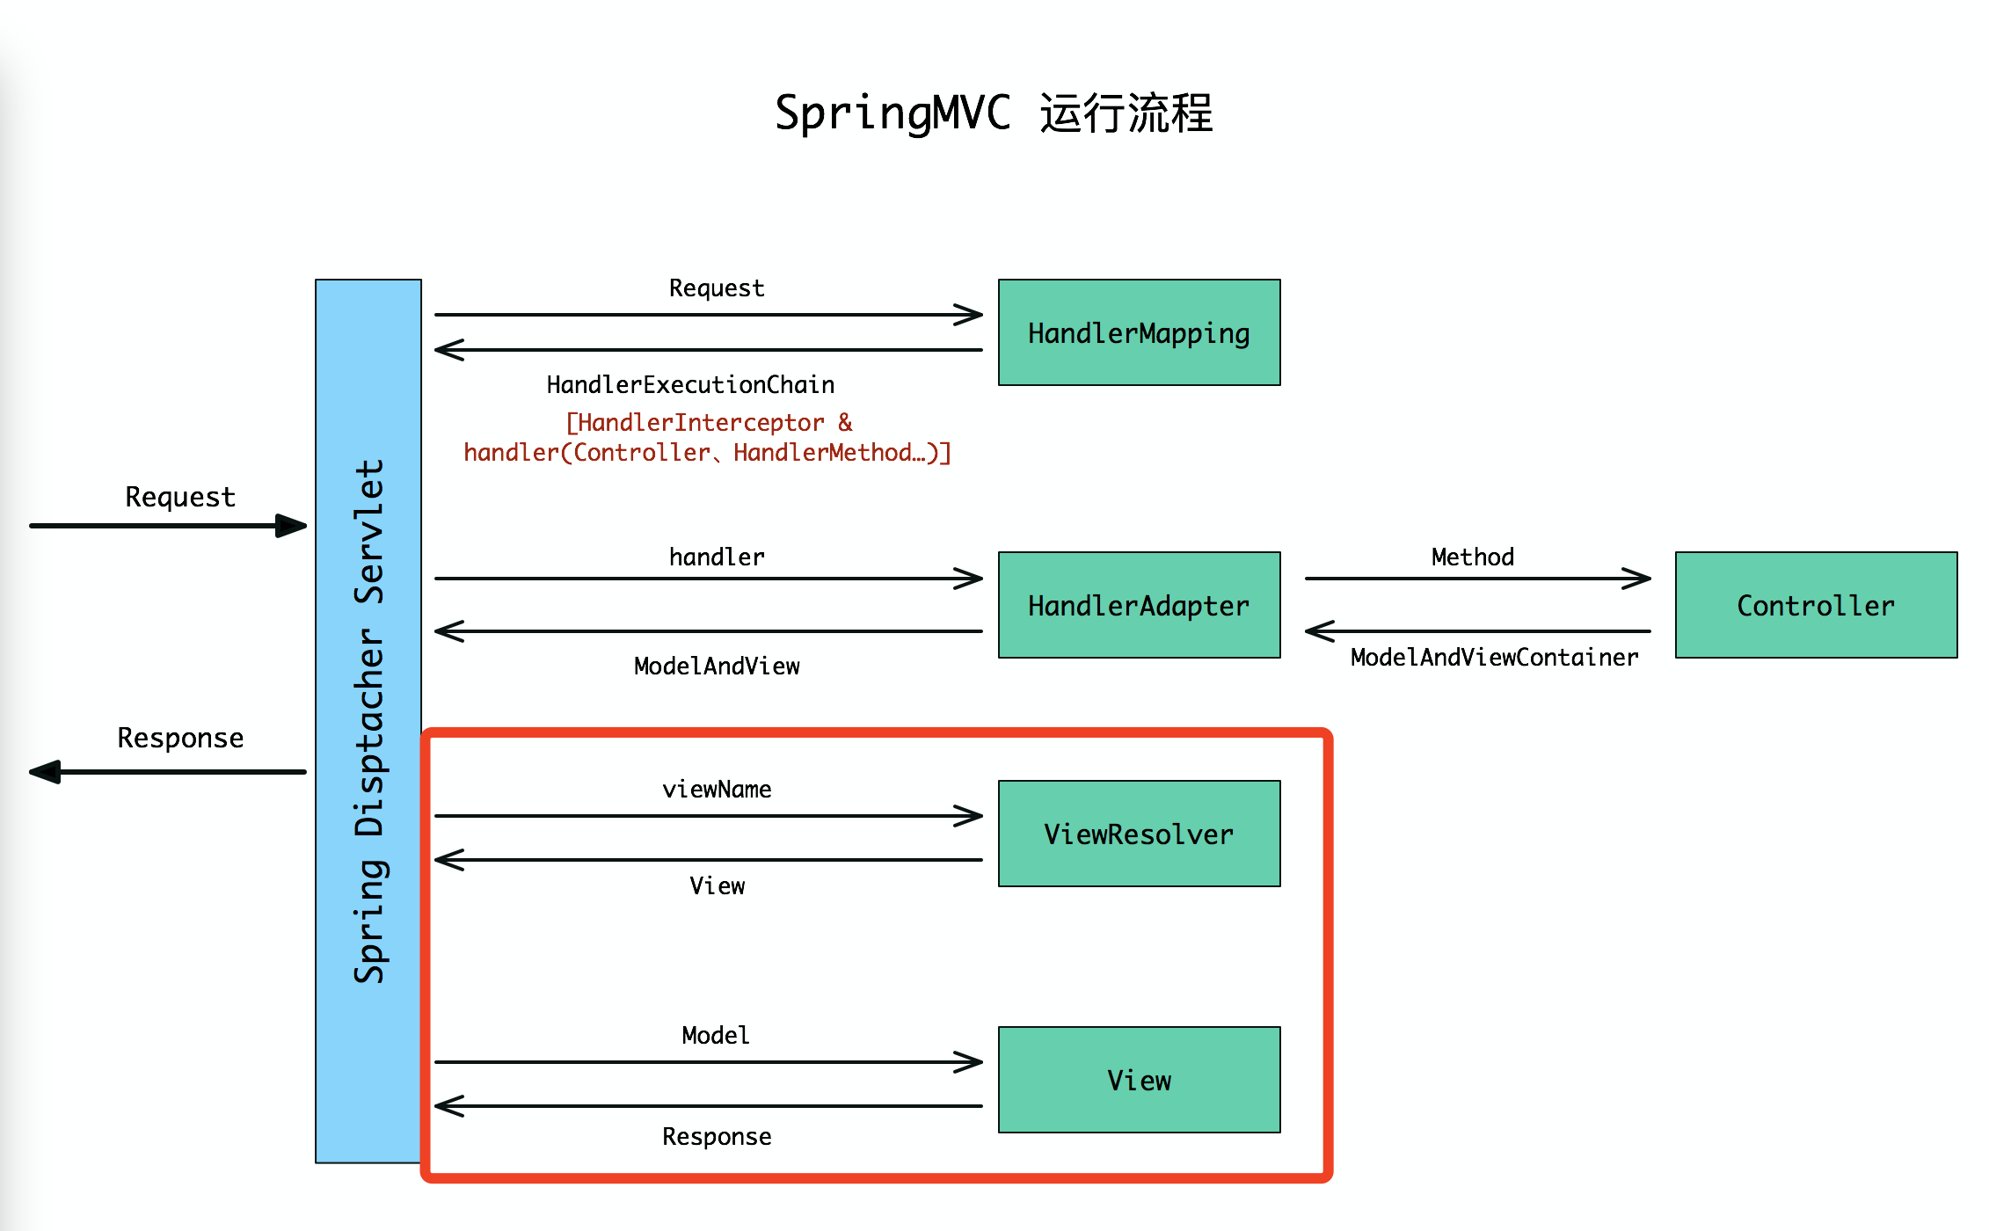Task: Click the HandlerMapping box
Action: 1139,332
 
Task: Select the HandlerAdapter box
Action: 1139,605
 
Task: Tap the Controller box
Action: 1816,605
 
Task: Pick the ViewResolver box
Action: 1139,834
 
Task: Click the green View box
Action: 1139,1080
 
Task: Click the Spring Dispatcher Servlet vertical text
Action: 369,721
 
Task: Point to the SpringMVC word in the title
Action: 892,113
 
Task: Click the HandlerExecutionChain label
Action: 690,385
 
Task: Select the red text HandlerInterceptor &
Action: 709,423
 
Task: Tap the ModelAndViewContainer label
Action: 1494,658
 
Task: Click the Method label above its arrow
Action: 1473,557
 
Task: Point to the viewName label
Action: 717,790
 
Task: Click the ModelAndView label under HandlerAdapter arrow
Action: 717,666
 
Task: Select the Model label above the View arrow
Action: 716,1036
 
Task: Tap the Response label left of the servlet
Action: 180,738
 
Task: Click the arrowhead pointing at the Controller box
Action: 1637,579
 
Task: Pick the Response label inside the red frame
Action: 717,1137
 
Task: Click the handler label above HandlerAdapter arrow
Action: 717,557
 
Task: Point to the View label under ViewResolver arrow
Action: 717,886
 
